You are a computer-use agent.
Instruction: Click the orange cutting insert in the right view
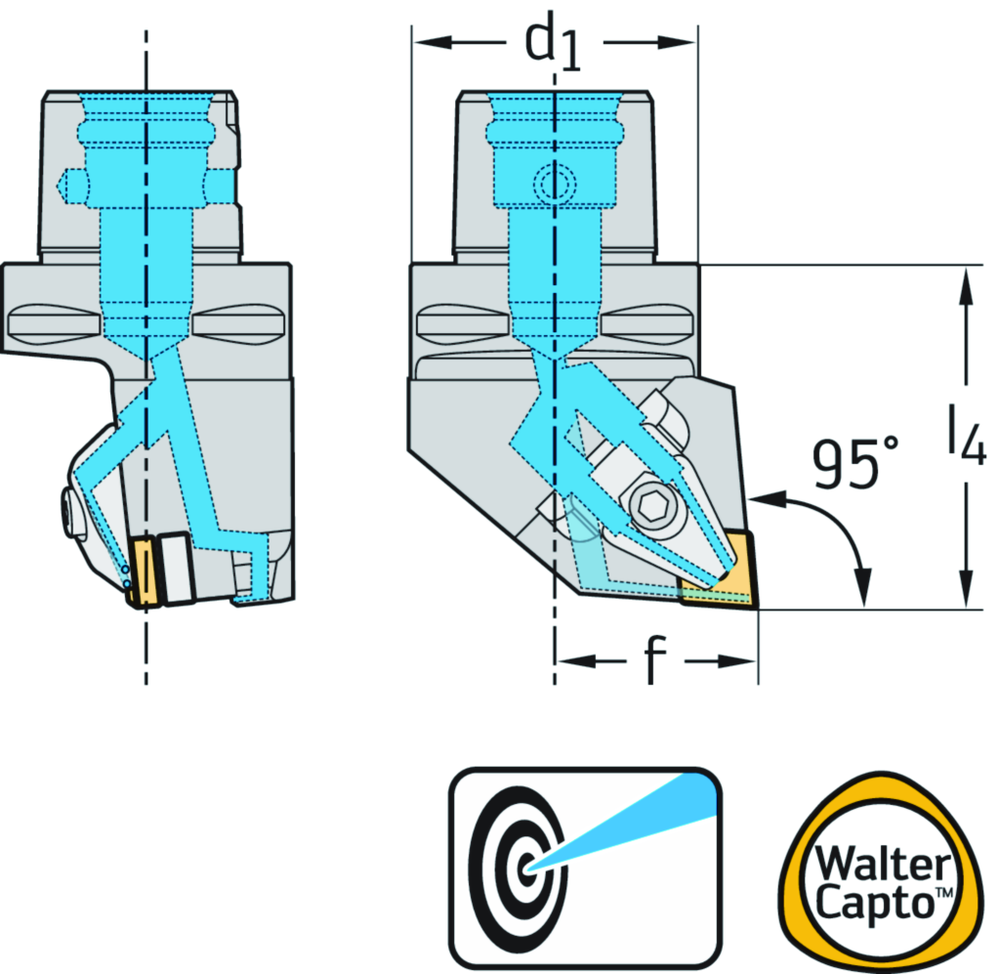pos(728,576)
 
